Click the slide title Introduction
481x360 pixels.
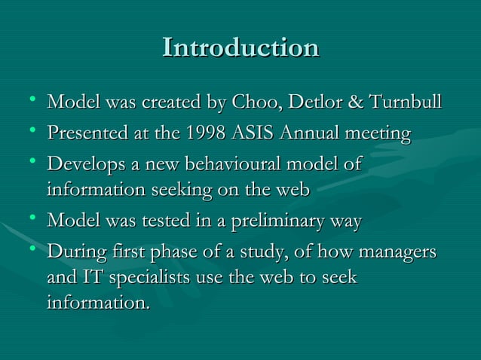point(240,47)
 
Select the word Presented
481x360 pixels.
point(83,135)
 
